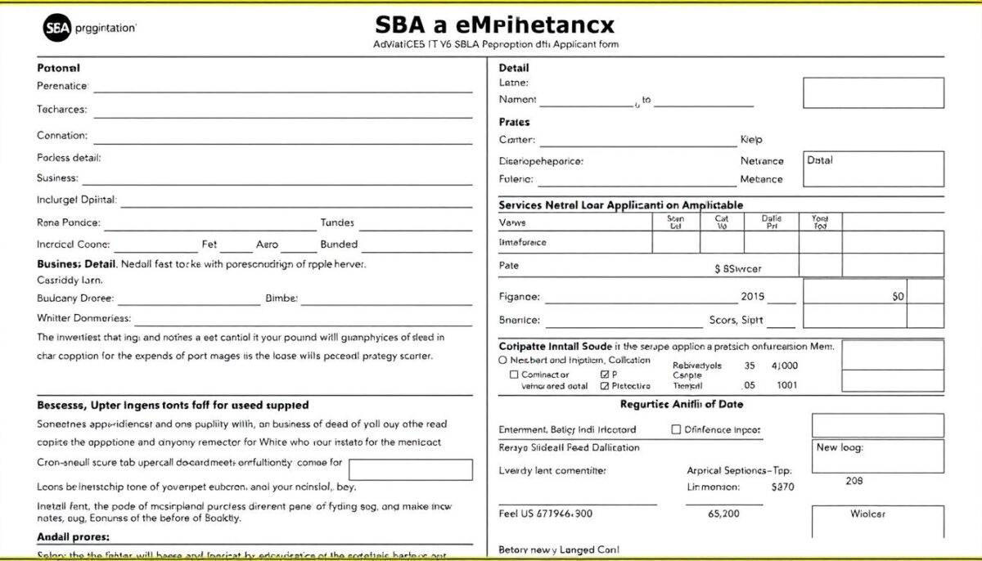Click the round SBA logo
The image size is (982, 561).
(56, 28)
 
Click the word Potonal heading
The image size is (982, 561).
(58, 68)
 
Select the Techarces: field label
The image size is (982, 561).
(61, 110)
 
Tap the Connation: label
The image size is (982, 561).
(61, 136)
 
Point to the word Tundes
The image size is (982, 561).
(337, 222)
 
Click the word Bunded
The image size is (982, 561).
(339, 244)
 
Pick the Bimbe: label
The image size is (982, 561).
(282, 298)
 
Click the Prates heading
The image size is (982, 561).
(514, 122)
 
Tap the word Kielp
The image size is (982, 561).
(750, 140)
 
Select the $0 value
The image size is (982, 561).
(899, 296)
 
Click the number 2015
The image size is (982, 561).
(752, 297)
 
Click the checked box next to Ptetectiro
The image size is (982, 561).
(605, 386)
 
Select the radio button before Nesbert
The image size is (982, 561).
(503, 360)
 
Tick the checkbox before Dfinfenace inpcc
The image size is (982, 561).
(676, 429)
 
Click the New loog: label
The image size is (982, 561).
(840, 447)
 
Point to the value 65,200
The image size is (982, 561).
(723, 514)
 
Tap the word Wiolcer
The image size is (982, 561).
(867, 514)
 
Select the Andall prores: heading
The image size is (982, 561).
(74, 537)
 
